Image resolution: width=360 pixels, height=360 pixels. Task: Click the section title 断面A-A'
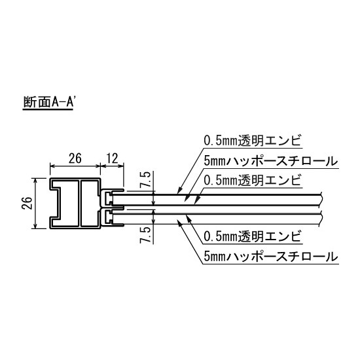[51, 103]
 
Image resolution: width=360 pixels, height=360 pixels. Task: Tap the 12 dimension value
[112, 158]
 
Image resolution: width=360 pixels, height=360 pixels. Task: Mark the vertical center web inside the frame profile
[78, 204]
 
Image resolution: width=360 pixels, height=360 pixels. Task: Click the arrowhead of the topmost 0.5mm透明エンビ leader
[178, 193]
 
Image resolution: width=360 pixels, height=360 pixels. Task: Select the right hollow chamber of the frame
[89, 204]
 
